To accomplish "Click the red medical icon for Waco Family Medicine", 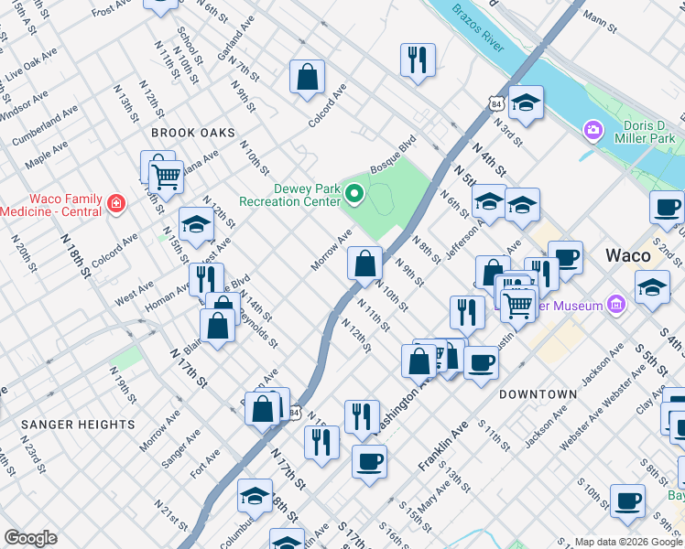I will coord(116,202).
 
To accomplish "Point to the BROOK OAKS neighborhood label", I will coord(188,133).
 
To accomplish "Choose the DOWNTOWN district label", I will coord(538,394).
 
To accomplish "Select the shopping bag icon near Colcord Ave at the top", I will coord(308,78).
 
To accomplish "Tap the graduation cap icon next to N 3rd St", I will coord(526,104).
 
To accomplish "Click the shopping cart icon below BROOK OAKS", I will coord(166,176).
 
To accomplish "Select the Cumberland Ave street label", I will coord(46,127).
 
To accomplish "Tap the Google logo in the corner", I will coord(30,538).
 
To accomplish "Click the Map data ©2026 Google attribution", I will coord(627,542).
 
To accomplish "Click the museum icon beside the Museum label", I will coord(616,303).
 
